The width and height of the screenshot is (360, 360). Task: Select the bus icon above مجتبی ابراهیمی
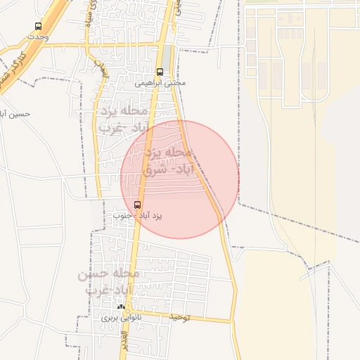[x=160, y=71]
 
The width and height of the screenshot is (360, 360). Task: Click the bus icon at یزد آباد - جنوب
[x=136, y=205]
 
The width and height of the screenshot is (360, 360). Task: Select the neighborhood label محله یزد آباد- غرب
[x=124, y=120]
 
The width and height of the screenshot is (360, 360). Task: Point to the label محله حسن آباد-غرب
[x=109, y=281]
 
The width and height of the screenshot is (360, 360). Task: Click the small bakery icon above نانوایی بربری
[x=122, y=307]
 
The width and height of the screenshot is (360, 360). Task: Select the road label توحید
[x=180, y=318]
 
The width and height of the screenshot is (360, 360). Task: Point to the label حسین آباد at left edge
[x=14, y=112]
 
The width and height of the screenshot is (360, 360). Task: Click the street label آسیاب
[x=101, y=65]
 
